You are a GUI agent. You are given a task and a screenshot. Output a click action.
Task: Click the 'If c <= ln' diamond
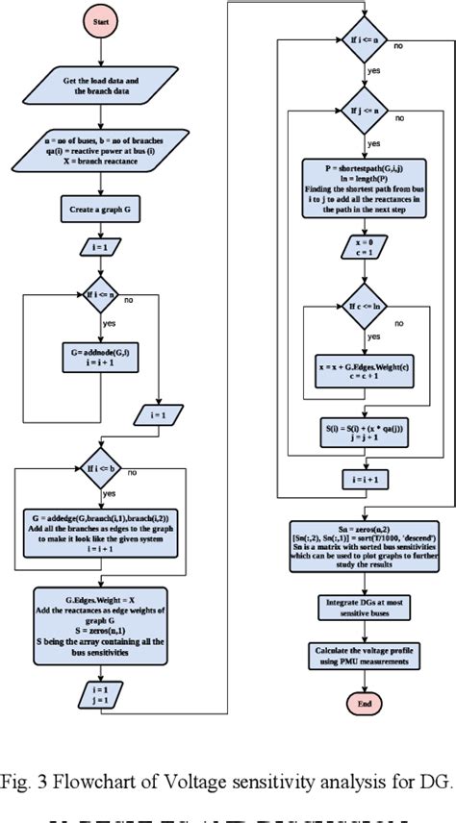[363, 304]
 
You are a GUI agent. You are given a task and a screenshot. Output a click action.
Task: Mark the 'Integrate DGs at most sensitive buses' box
[363, 607]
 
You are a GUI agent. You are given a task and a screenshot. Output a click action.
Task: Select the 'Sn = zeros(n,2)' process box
[363, 544]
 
